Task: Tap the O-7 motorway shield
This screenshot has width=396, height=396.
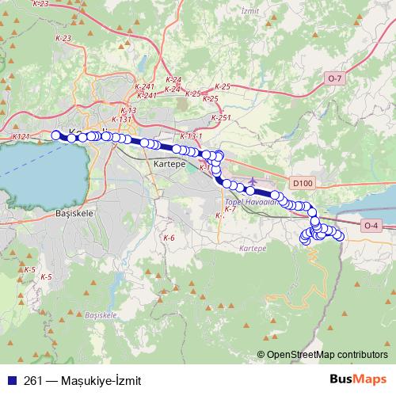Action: click(x=334, y=78)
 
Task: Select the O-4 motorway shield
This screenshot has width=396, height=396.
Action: click(x=371, y=226)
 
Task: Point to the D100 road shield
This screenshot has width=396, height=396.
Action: click(x=302, y=183)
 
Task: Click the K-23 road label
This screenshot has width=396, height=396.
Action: click(x=40, y=4)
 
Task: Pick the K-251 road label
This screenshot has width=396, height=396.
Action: click(x=221, y=117)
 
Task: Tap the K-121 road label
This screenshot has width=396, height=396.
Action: click(x=21, y=136)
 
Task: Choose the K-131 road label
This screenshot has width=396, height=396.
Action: click(x=121, y=119)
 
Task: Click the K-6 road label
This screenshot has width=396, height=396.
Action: click(x=169, y=238)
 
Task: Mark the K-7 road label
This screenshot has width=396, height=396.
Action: click(x=230, y=209)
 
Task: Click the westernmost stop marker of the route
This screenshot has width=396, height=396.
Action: click(x=55, y=135)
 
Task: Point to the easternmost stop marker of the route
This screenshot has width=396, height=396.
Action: click(x=341, y=236)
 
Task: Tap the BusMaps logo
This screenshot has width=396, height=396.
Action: click(x=358, y=379)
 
